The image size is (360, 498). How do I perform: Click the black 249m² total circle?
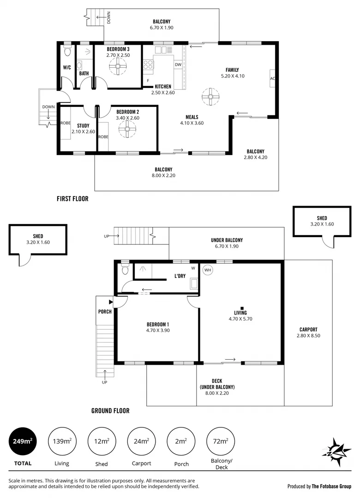(22, 441)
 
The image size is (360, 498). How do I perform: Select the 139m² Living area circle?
(62, 441)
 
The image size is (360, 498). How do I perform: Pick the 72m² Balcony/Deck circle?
(221, 441)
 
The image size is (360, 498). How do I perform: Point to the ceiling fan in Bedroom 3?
(118, 68)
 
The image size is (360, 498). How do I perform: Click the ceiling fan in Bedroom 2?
(127, 130)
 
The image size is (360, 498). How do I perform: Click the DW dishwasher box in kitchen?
(178, 65)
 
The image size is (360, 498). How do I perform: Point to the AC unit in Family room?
(272, 78)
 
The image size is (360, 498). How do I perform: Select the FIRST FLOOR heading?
(72, 199)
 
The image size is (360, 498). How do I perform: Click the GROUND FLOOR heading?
(110, 410)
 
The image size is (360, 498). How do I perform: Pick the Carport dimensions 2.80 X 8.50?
(308, 336)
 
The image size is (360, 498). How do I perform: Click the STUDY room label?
(83, 125)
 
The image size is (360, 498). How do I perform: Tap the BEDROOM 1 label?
(157, 324)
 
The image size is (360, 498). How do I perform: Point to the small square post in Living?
(242, 308)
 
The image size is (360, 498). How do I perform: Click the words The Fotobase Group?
(331, 486)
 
